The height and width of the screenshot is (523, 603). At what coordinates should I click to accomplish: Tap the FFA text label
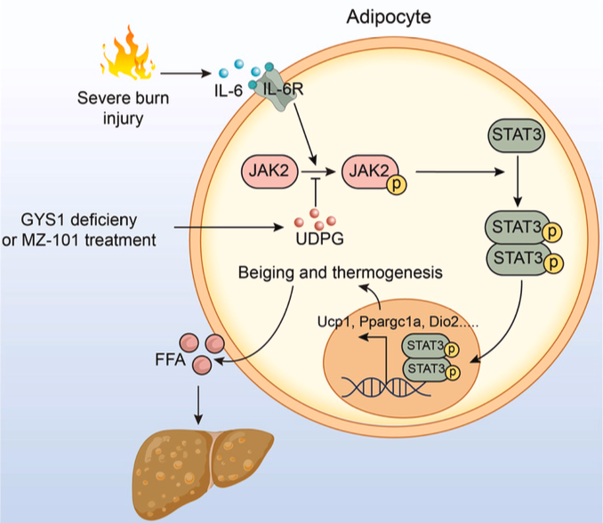(x=165, y=363)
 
